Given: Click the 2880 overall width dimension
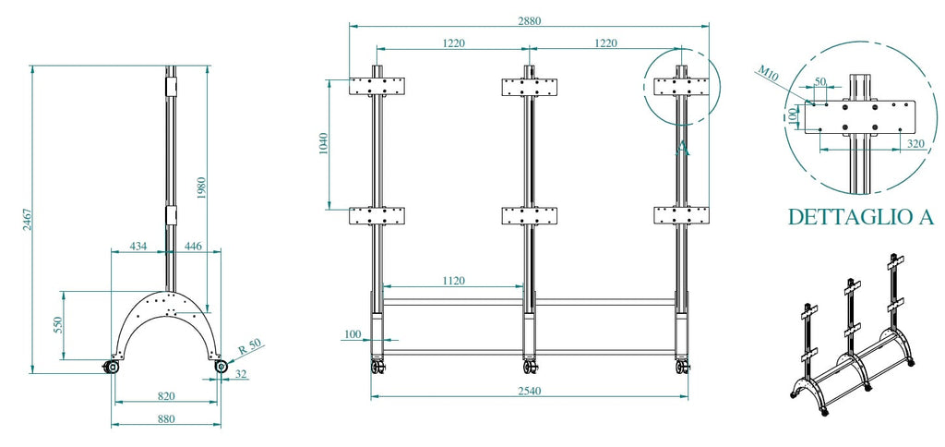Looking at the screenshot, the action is (529, 20).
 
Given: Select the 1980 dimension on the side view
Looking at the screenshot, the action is (202, 188).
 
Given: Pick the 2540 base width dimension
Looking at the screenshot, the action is (530, 391).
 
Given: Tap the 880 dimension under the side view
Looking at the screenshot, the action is (166, 418).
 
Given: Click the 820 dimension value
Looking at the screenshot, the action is (166, 395).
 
